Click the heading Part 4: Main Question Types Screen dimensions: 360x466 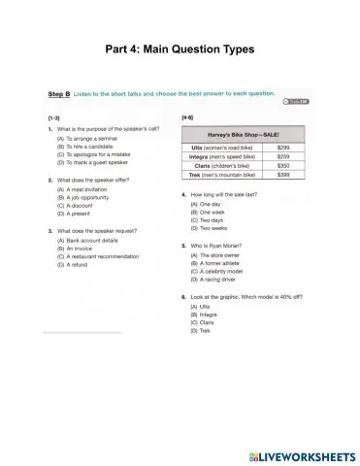pos(180,49)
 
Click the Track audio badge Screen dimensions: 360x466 pos(296,102)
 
